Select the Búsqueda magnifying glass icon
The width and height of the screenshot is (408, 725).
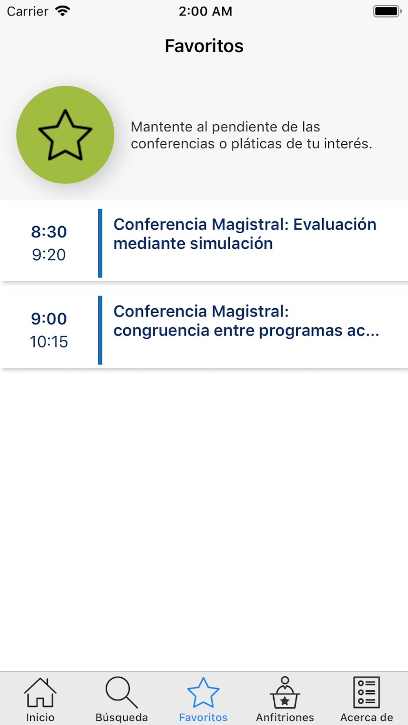121,692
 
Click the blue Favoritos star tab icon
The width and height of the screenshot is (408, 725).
203,692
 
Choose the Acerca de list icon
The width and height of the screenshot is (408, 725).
366,692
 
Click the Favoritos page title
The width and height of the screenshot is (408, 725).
204,46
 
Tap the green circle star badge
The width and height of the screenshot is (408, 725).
65,135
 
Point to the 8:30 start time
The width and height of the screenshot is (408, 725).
49,232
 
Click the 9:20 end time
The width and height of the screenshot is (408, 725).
49,255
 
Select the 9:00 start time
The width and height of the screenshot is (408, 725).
49,318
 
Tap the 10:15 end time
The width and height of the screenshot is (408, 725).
49,342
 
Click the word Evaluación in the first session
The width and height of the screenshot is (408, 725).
335,224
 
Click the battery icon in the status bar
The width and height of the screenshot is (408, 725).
387,11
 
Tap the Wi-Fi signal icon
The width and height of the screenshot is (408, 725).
62,11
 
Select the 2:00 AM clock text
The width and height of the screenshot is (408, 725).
206,11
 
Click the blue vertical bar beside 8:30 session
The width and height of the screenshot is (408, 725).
100,243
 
